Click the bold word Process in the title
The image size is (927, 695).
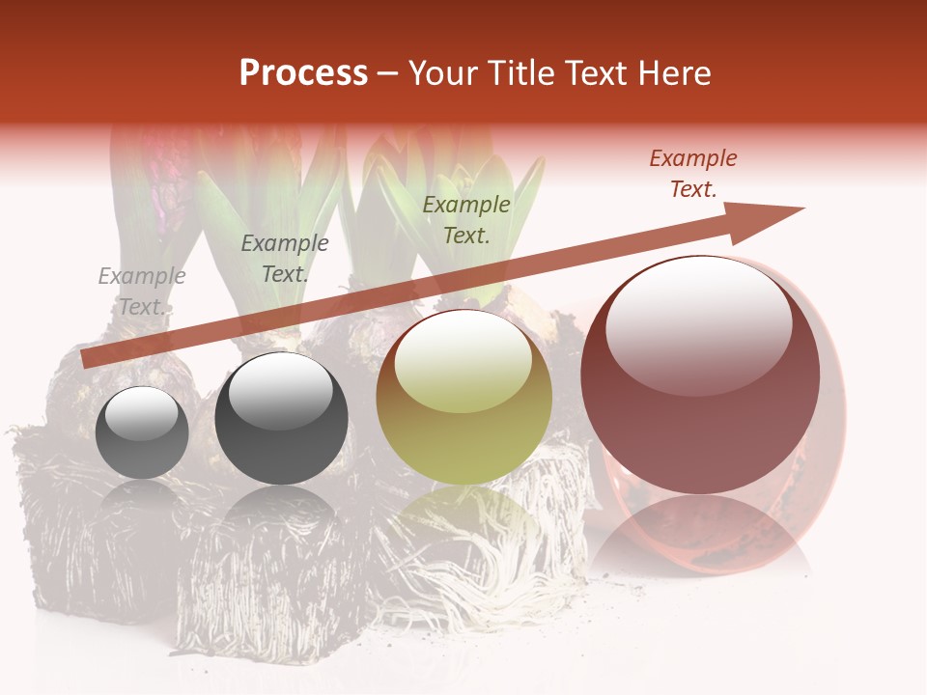click(x=303, y=73)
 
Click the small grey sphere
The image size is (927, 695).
click(x=142, y=432)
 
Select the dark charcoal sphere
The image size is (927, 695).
click(x=281, y=418)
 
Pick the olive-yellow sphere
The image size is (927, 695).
click(x=463, y=397)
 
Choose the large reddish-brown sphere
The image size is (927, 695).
click(x=700, y=375)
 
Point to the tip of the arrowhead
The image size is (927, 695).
click(x=803, y=208)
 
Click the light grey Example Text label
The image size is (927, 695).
click(x=142, y=292)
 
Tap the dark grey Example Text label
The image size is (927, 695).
click(x=285, y=259)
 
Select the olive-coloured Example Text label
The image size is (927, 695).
click(x=466, y=219)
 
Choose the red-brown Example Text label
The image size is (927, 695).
click(x=692, y=174)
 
